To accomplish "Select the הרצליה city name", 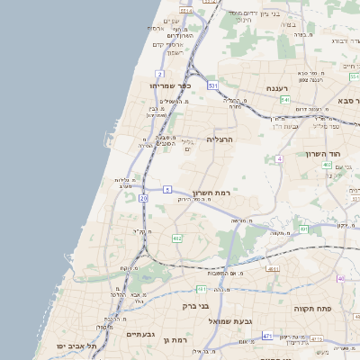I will tap(220, 139).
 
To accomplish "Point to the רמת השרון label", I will tap(211, 193).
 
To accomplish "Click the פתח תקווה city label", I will tap(314, 307).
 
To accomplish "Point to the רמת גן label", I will tap(174, 340).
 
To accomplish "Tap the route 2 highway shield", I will tap(159, 73).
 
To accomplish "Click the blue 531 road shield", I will tap(212, 85).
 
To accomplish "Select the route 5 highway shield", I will tap(167, 189).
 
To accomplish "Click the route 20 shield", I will tap(144, 197).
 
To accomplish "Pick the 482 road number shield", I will tap(177, 238).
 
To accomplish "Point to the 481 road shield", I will tap(202, 289).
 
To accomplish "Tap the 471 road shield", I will tap(267, 336).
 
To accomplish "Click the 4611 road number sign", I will tap(273, 268).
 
